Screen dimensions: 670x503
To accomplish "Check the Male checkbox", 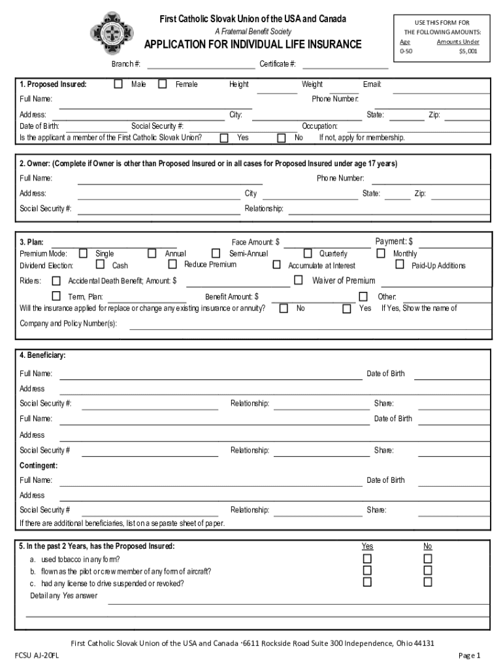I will point(118,84).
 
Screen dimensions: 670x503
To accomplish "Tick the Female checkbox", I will point(163,84).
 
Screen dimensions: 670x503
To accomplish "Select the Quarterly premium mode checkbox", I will point(308,253).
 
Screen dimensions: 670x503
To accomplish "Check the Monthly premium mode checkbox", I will point(381,253).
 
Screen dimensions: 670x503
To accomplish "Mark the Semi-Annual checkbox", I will point(216,253).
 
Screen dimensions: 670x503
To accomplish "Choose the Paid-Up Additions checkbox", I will point(400,264).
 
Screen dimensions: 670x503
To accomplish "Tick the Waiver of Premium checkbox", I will point(299,280).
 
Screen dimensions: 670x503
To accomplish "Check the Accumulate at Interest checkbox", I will point(276,265).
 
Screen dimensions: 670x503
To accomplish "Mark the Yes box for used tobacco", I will point(367,558).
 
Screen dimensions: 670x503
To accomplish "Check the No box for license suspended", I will point(428,582).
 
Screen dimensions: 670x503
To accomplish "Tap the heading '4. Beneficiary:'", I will point(42,355).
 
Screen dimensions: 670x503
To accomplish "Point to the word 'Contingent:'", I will point(39,465).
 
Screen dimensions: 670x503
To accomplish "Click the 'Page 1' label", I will point(469,655).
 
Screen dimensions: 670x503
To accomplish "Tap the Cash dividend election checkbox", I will point(100,265).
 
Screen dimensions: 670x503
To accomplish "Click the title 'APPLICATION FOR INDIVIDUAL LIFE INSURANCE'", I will point(253,44).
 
